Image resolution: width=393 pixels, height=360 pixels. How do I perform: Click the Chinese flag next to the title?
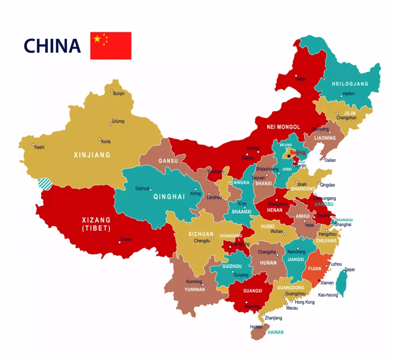(111, 46)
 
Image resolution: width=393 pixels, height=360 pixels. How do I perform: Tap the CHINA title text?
(52, 46)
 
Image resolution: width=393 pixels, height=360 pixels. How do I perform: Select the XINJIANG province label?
(92, 155)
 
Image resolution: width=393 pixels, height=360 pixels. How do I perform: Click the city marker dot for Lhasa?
(119, 242)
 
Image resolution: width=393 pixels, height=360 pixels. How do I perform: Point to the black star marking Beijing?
(289, 156)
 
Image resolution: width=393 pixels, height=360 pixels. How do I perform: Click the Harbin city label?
(348, 94)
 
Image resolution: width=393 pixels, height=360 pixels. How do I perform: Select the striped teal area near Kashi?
(44, 184)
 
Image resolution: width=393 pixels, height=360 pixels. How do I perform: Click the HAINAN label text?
(275, 332)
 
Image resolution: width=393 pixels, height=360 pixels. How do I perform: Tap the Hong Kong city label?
(305, 302)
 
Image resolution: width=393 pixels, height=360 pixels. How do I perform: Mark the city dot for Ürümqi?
(110, 124)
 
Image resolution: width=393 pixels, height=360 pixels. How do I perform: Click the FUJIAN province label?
(314, 269)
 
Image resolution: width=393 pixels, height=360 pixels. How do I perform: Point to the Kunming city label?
(194, 282)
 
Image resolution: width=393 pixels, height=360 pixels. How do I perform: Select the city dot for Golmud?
(151, 190)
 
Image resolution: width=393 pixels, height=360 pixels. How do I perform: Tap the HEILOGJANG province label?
(350, 84)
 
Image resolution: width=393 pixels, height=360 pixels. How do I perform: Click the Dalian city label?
(330, 160)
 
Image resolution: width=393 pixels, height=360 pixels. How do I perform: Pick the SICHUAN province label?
(201, 234)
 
